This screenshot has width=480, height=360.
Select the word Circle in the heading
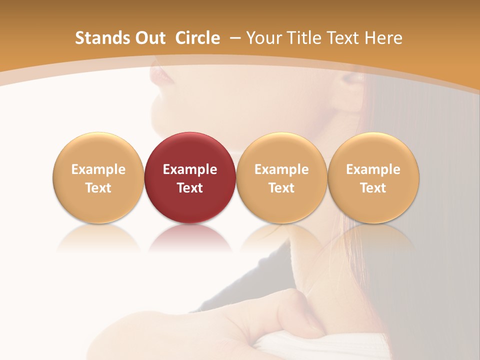click(x=197, y=38)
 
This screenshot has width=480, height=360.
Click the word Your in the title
click(x=263, y=38)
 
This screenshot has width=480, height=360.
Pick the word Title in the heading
click(x=303, y=38)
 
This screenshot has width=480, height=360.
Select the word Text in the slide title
click(x=344, y=38)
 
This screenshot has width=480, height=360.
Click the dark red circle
click(x=190, y=150)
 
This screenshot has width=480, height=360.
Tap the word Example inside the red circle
click(x=190, y=169)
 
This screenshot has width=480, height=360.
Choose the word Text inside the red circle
click(x=190, y=188)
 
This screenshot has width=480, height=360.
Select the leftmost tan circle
click(x=98, y=150)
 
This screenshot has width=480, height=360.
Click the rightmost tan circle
click(x=373, y=150)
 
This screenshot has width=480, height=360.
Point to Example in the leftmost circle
click(x=98, y=169)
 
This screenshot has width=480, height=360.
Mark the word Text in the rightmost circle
click(x=373, y=188)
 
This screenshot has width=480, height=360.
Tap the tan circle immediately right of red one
click(x=281, y=150)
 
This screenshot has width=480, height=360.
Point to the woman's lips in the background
click(x=161, y=75)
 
